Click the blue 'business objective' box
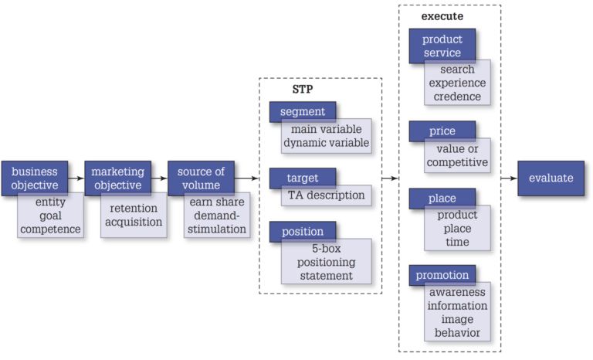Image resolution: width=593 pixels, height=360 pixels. tap(34, 178)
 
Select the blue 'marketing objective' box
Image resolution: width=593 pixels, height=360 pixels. tap(117, 178)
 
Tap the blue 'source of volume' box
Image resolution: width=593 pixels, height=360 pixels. tap(201, 178)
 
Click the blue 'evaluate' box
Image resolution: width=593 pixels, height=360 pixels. tap(551, 178)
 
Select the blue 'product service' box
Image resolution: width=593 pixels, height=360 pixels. tap(441, 46)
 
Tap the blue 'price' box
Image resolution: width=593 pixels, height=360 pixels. tap(442, 131)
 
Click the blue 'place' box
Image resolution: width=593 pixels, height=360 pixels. tap(442, 199)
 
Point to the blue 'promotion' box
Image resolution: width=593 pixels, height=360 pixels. tap(442, 275)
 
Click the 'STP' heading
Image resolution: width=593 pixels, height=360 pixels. tap(302, 89)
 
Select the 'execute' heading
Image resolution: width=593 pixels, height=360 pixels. tap(442, 15)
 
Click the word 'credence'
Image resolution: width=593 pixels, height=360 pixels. tap(457, 97)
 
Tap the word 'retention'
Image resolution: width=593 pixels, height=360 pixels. tap(133, 208)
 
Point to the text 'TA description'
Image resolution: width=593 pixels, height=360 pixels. tap(326, 195)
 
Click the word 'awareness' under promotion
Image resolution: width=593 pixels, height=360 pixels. tap(457, 292)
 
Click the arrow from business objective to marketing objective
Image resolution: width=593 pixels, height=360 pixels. tap(76, 178)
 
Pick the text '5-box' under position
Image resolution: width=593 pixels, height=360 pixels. tap(326, 248)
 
